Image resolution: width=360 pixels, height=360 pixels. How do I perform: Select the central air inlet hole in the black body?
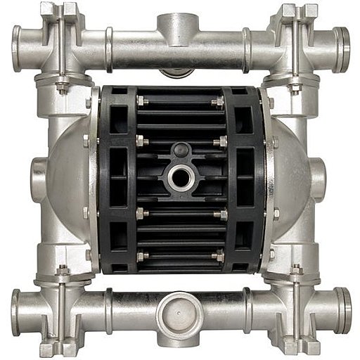(180, 176)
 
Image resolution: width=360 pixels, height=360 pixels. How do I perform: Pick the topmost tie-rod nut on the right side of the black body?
(220, 101)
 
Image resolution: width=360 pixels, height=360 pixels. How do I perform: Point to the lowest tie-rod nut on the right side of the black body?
(220, 257)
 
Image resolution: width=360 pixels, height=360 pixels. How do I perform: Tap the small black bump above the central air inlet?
(180, 150)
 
